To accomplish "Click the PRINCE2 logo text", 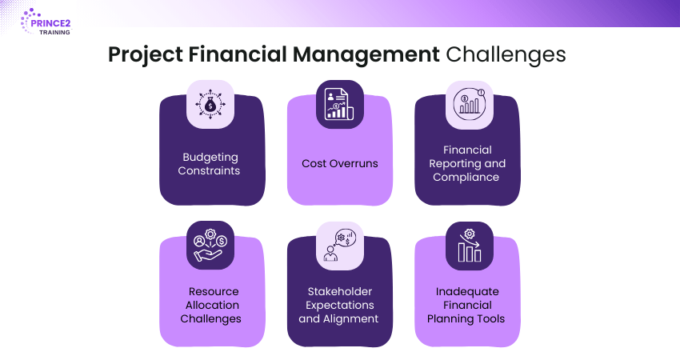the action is point(50,23).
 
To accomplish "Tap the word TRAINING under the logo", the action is point(54,32).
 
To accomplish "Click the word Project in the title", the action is point(146,55).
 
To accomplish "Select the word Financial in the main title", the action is point(238,54).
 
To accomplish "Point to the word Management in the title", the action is point(366,55).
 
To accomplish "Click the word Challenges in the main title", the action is point(506,55).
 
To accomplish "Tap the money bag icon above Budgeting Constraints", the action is point(210,105).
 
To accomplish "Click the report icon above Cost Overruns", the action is point(339,104).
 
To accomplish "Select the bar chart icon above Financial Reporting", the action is point(470,104).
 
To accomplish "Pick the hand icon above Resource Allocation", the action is point(210,245).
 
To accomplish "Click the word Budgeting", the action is point(210,158).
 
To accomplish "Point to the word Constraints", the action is point(209,170).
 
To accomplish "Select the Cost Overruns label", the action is point(340,163).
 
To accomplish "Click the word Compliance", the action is point(466,178).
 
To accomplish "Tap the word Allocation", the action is point(212,305).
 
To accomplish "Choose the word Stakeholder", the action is point(340,291).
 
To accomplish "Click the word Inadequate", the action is point(467,292).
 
